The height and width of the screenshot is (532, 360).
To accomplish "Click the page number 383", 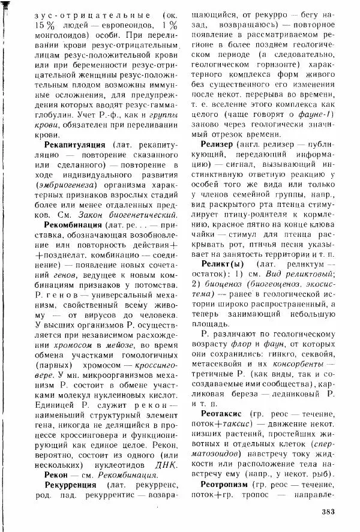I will pos(323,511).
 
